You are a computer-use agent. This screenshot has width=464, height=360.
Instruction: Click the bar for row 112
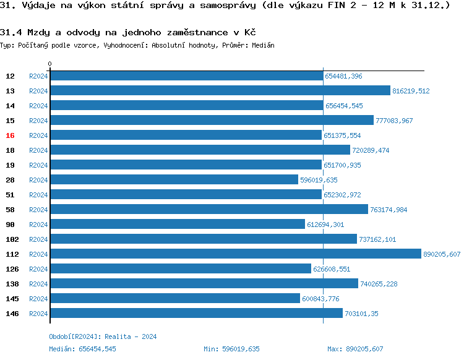tap(235, 254)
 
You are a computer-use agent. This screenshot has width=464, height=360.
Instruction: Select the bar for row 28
tap(174, 180)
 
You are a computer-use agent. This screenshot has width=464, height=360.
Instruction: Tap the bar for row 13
tap(220, 91)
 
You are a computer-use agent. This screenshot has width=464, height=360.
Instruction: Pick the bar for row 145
tap(174, 299)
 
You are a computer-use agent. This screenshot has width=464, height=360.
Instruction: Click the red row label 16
tap(11, 135)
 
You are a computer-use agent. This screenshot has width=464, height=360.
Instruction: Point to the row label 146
tap(12, 314)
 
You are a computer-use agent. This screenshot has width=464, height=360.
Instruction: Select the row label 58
tap(11, 210)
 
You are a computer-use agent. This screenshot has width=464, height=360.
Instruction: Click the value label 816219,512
tap(411, 91)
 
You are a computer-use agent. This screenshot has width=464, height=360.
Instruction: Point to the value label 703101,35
tap(361, 314)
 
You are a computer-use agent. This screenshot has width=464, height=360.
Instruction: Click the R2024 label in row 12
tap(38, 76)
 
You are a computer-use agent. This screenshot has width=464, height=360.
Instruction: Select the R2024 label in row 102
tap(38, 239)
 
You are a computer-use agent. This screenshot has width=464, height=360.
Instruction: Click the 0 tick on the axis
tap(50, 64)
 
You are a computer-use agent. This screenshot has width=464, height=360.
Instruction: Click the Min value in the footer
tap(231, 349)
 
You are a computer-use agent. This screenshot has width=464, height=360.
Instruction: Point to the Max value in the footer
tap(355, 349)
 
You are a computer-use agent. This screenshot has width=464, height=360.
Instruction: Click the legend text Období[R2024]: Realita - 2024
tap(103, 336)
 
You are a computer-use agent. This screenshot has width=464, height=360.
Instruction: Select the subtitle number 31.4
tap(8, 32)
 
